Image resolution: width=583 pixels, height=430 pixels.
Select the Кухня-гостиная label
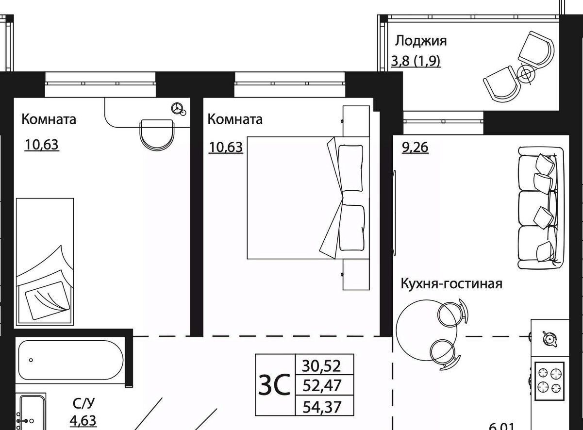click(451, 284)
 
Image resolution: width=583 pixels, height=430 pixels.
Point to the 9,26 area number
click(415, 148)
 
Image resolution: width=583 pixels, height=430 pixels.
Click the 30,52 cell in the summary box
click(321, 366)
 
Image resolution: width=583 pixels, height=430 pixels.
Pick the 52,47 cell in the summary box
click(322, 385)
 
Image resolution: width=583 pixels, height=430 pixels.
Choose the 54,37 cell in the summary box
click(322, 407)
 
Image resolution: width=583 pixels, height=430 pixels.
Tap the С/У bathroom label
click(84, 403)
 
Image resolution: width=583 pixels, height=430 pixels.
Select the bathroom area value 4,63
click(83, 421)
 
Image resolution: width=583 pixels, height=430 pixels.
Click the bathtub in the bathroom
click(71, 360)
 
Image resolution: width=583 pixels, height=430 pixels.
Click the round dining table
click(426, 330)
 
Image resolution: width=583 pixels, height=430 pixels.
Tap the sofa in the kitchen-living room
click(541, 208)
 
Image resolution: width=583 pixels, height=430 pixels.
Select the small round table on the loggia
click(526, 74)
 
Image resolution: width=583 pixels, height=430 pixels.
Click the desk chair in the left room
click(157, 135)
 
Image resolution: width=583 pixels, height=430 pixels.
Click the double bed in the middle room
click(308, 198)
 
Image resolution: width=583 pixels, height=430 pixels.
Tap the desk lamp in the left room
click(179, 109)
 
